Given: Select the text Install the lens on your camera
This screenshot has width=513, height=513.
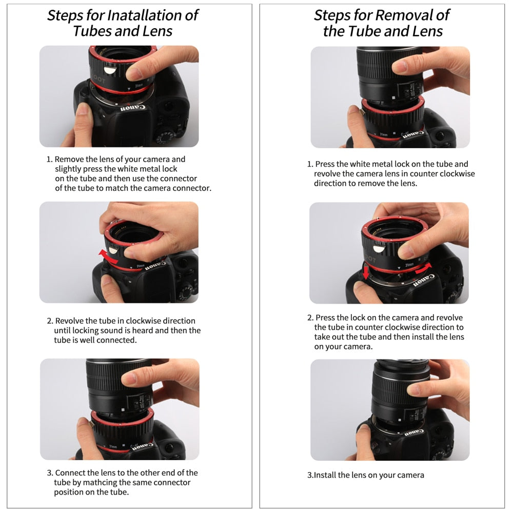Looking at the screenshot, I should click(x=368, y=475).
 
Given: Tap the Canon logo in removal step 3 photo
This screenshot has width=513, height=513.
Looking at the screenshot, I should click(x=415, y=432).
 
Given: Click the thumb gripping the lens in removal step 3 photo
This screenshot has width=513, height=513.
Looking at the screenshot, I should click(x=418, y=389).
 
